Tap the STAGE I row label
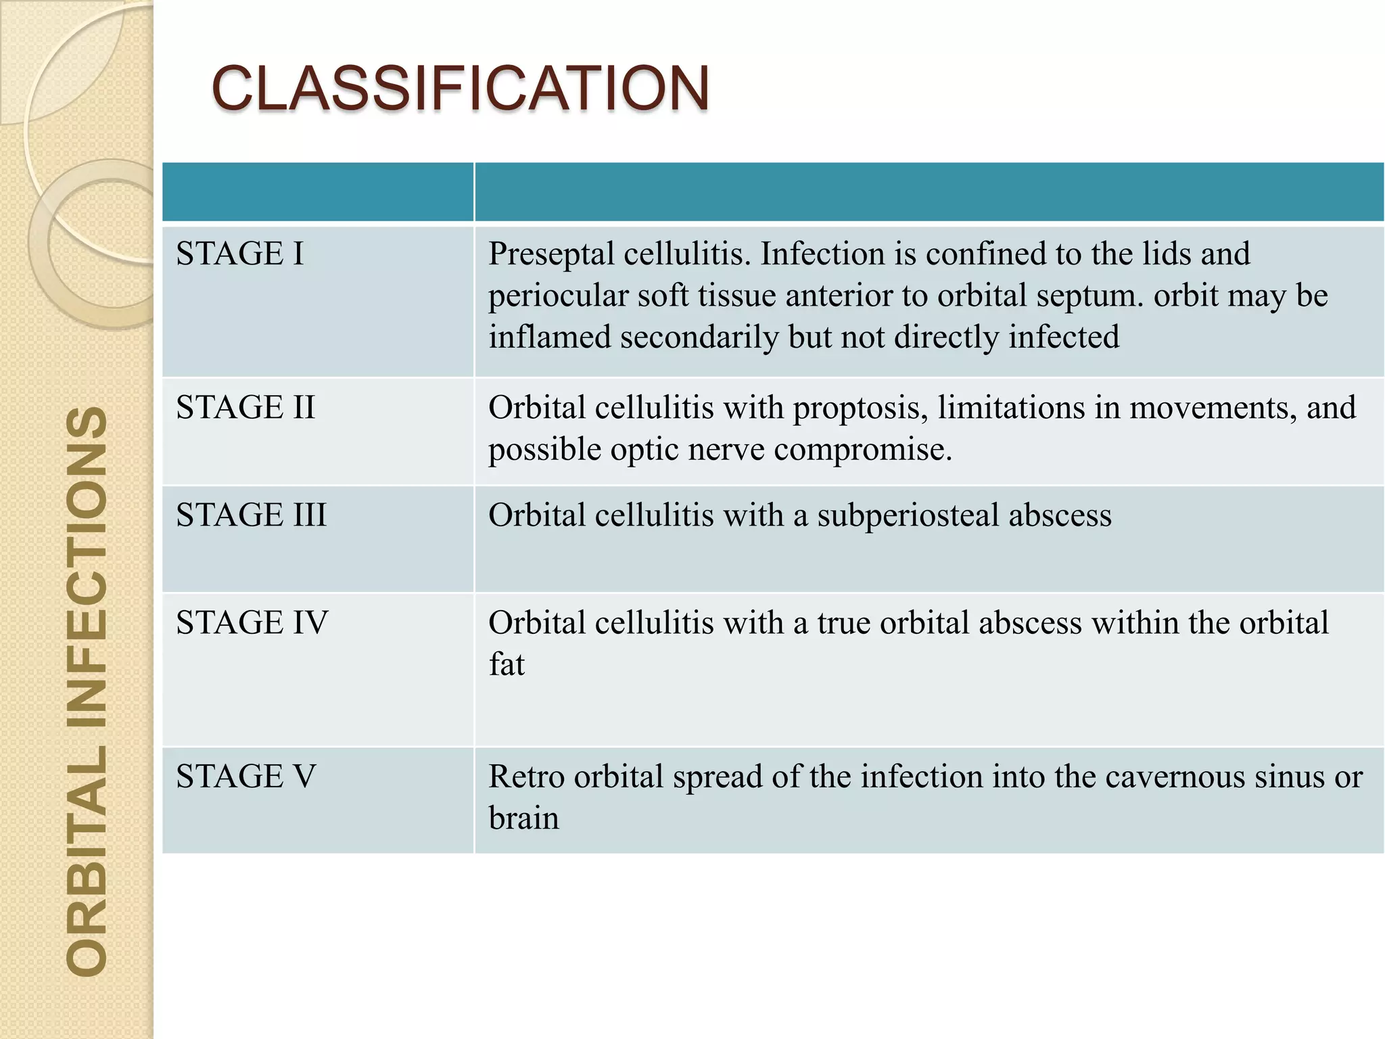coord(240,254)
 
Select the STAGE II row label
coord(245,407)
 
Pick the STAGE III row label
coord(251,515)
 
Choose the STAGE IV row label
coord(252,622)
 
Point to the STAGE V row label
coord(245,776)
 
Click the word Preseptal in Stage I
coord(550,254)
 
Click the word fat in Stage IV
coord(507,664)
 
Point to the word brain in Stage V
coord(524,818)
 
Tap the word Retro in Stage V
coord(526,777)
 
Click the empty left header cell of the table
coord(318,191)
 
